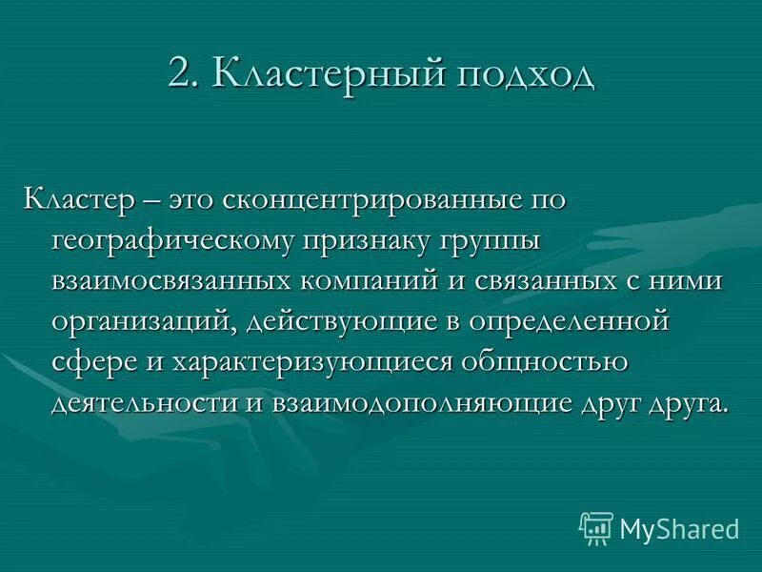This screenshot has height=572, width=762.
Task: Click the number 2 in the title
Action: coord(179,74)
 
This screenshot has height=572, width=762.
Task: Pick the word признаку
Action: coord(375,242)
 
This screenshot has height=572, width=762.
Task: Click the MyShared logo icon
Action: coord(595,527)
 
